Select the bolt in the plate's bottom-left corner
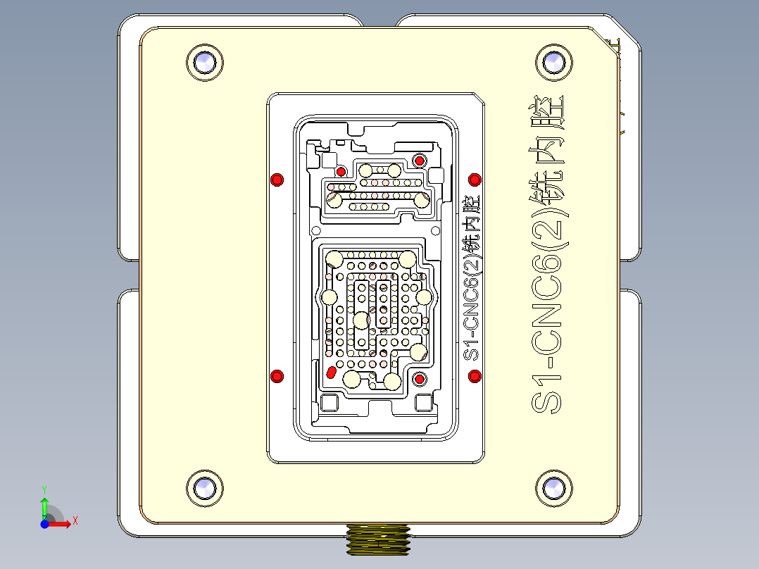(205, 487)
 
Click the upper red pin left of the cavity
(277, 180)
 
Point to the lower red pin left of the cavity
(277, 375)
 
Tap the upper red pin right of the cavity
(475, 180)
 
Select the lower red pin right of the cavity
(475, 375)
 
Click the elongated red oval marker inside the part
(331, 372)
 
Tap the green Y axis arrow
(44, 504)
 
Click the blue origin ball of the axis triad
(44, 524)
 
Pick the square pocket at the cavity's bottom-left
(328, 404)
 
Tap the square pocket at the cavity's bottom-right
(423, 404)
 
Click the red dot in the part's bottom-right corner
(420, 380)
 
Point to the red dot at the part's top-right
(420, 161)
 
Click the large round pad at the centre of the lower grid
(361, 320)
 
